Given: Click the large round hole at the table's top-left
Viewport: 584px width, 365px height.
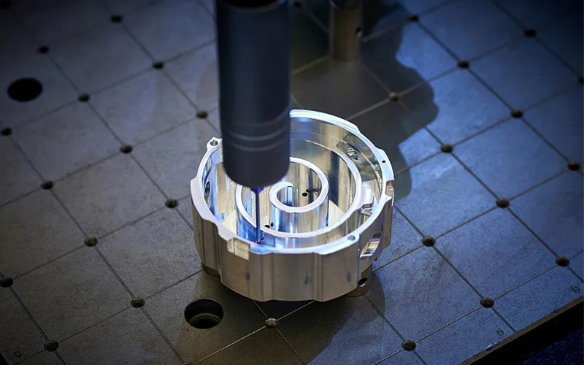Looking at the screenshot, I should pyautogui.click(x=24, y=89).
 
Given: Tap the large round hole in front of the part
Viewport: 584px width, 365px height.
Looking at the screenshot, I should pyautogui.click(x=204, y=313).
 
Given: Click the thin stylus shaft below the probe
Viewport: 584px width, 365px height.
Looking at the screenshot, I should pyautogui.click(x=257, y=212).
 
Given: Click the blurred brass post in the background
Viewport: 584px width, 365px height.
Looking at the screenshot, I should pyautogui.click(x=346, y=29).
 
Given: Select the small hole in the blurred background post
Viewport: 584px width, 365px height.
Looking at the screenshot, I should pyautogui.click(x=358, y=31).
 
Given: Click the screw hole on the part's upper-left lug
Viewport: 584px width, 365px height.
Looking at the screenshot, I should pyautogui.click(x=214, y=142).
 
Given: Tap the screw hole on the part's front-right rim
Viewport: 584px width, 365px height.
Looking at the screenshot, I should pyautogui.click(x=353, y=238).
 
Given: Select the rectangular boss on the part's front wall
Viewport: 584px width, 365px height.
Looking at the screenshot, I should pyautogui.click(x=239, y=249).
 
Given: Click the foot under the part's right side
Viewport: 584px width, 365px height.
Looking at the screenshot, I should pyautogui.click(x=359, y=283).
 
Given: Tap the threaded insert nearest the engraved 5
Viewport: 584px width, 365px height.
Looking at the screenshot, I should pyautogui.click(x=487, y=302).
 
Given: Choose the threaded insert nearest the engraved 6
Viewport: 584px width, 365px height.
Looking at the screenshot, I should pyautogui.click(x=562, y=261).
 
